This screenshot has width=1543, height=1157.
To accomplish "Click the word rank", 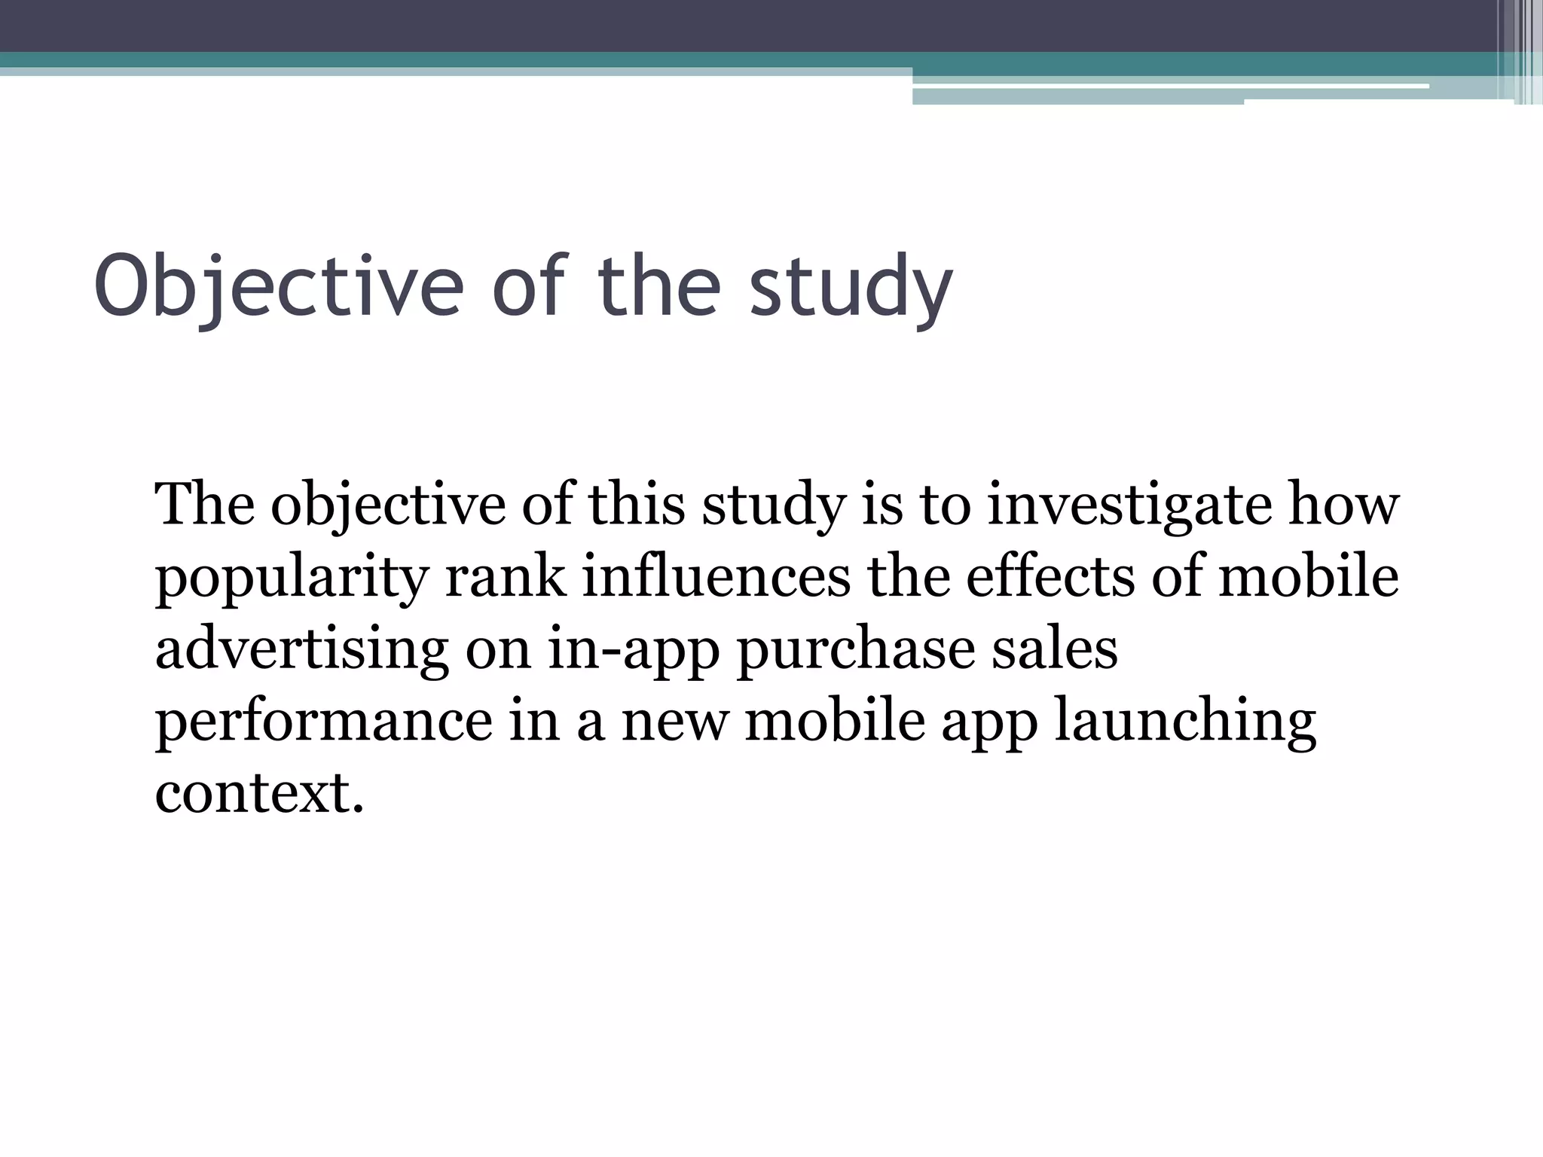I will pos(506,578).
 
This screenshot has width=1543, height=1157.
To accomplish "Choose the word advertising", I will pos(301,649).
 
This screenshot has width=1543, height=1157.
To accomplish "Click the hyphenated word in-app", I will pos(633,649).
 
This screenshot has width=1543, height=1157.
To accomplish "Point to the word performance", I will pos(323,722).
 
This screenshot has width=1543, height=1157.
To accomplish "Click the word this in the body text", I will pos(637,505).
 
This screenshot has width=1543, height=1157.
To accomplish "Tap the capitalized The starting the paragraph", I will pos(204,505).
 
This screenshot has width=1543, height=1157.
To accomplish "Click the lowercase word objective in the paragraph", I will pos(388,505).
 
